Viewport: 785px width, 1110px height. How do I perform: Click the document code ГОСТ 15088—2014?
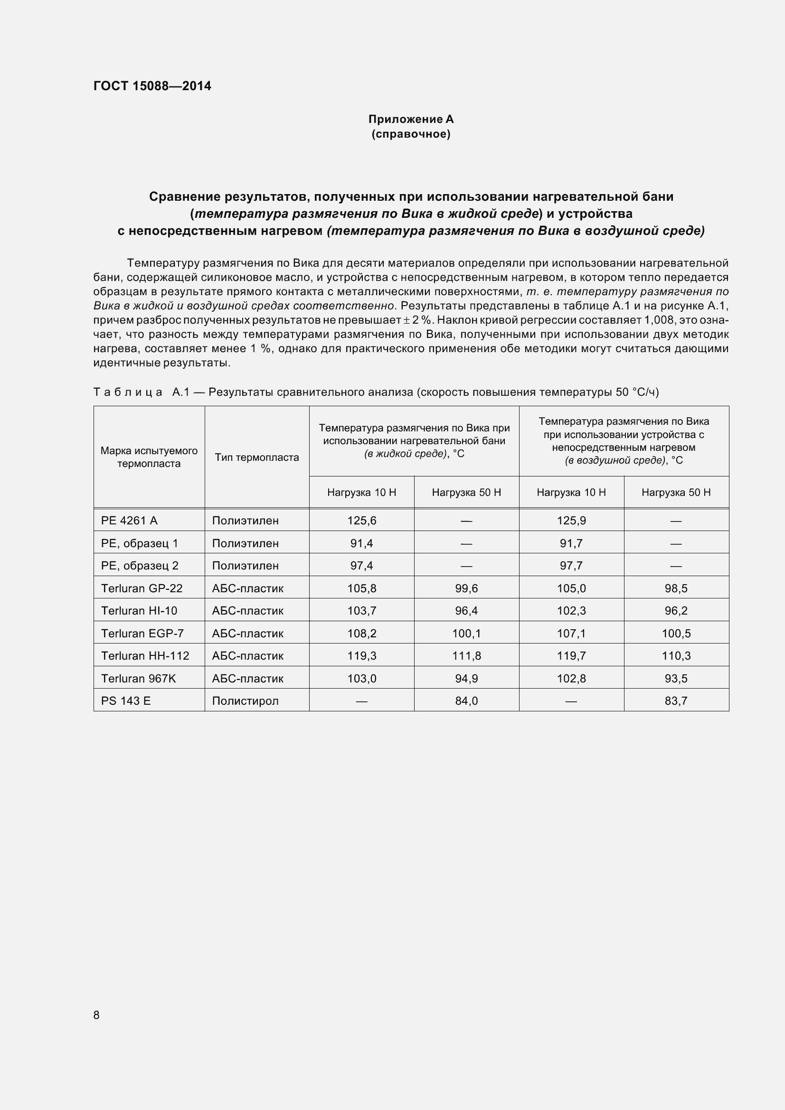pyautogui.click(x=152, y=86)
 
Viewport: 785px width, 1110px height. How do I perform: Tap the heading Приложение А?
pyautogui.click(x=411, y=119)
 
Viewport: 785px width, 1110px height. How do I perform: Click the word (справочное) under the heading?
pyautogui.click(x=411, y=134)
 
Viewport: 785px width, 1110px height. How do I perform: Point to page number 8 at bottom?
pyautogui.click(x=96, y=1015)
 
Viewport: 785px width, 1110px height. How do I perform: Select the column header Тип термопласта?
pyautogui.click(x=257, y=457)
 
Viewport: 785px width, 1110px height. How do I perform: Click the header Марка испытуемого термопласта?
pyautogui.click(x=149, y=457)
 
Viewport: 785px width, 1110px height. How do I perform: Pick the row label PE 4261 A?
pyautogui.click(x=129, y=521)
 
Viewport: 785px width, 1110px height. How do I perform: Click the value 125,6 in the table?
pyautogui.click(x=361, y=521)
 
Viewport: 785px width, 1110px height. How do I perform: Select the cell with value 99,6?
pyautogui.click(x=466, y=588)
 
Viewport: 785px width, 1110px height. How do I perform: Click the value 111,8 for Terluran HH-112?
pyautogui.click(x=466, y=656)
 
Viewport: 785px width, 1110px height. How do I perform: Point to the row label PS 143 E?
pyautogui.click(x=126, y=701)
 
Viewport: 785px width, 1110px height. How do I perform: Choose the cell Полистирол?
pyautogui.click(x=245, y=701)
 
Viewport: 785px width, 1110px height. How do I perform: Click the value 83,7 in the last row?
pyautogui.click(x=676, y=701)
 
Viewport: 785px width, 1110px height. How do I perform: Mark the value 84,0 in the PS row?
pyautogui.click(x=466, y=701)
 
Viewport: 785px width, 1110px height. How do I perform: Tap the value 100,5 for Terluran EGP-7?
pyautogui.click(x=676, y=634)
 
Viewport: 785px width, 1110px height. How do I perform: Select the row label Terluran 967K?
pyautogui.click(x=138, y=679)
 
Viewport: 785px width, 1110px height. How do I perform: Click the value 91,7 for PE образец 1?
pyautogui.click(x=571, y=543)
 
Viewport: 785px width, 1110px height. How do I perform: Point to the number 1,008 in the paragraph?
pyautogui.click(x=659, y=320)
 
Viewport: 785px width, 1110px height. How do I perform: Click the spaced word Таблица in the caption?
pyautogui.click(x=128, y=392)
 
